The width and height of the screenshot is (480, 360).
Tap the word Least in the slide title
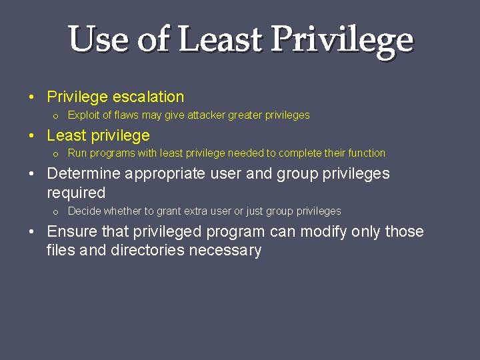(219, 39)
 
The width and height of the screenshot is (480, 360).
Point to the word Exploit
(83, 115)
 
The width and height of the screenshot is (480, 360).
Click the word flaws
(125, 115)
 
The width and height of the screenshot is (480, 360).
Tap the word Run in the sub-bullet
(77, 153)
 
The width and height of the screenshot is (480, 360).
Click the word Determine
(84, 174)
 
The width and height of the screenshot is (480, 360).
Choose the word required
(76, 193)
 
